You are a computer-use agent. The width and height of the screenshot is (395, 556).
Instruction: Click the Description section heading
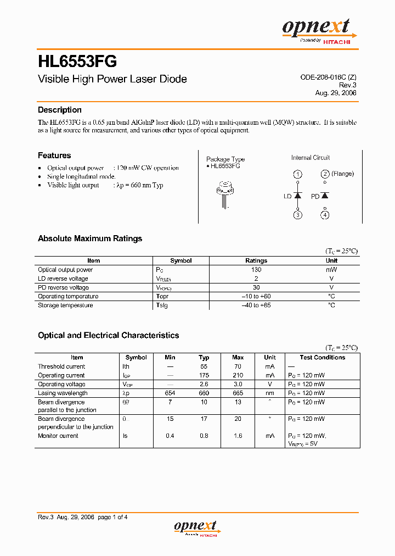(60, 110)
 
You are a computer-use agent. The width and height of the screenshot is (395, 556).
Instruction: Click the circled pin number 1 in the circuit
(297, 175)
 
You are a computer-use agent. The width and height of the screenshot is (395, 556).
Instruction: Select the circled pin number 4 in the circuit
(325, 215)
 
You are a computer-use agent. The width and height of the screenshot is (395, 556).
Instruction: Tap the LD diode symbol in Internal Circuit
(297, 196)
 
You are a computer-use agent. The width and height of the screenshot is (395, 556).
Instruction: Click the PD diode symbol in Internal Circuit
(325, 196)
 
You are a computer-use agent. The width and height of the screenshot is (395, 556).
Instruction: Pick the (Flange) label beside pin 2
(343, 174)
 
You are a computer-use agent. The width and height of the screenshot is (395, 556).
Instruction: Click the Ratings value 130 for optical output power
(256, 270)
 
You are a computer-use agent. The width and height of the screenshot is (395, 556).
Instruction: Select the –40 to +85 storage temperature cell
(256, 305)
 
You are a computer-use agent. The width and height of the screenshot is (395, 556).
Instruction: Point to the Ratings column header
(256, 260)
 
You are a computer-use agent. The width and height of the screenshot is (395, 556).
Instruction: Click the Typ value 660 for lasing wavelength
(204, 393)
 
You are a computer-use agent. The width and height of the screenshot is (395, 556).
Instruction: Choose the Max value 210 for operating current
(238, 375)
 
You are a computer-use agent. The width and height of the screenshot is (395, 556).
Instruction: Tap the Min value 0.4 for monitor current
(170, 436)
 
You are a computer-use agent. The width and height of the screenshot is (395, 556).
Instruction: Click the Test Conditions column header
(323, 357)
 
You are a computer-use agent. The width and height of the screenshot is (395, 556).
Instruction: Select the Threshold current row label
(61, 366)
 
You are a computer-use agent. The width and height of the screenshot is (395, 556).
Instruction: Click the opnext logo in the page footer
(196, 528)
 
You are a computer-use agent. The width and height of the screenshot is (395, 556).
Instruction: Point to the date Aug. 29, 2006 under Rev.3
(336, 93)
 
